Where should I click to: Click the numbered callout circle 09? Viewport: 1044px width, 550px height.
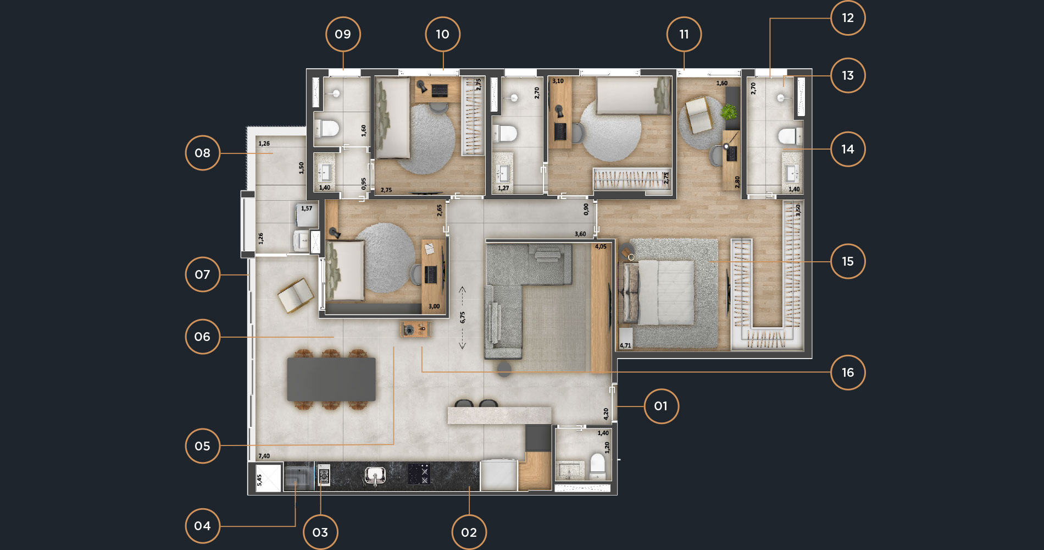tap(343, 34)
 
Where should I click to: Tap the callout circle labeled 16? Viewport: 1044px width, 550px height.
tap(848, 372)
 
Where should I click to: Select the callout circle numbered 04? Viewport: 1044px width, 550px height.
tap(202, 526)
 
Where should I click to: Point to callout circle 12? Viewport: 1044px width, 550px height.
tap(848, 18)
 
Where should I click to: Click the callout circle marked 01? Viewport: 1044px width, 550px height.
tap(660, 406)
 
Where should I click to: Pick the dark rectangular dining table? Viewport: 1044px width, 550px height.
tap(331, 379)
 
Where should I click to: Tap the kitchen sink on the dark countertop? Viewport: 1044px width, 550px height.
tap(375, 476)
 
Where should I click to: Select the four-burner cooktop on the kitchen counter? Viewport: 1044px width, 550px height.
tap(419, 474)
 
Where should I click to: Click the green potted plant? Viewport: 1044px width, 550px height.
tap(729, 112)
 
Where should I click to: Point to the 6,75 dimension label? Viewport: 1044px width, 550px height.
tap(463, 317)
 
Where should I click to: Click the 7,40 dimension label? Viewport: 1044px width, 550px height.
tap(264, 456)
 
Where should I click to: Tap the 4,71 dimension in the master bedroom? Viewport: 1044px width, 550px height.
tap(625, 345)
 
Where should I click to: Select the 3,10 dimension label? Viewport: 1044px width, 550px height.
tap(558, 81)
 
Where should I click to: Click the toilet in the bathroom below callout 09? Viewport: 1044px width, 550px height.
tap(326, 129)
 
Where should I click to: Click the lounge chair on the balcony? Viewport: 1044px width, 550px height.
tap(296, 295)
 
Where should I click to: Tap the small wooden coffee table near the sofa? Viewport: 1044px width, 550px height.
tap(415, 329)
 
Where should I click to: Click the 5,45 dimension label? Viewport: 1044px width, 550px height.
tap(259, 480)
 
